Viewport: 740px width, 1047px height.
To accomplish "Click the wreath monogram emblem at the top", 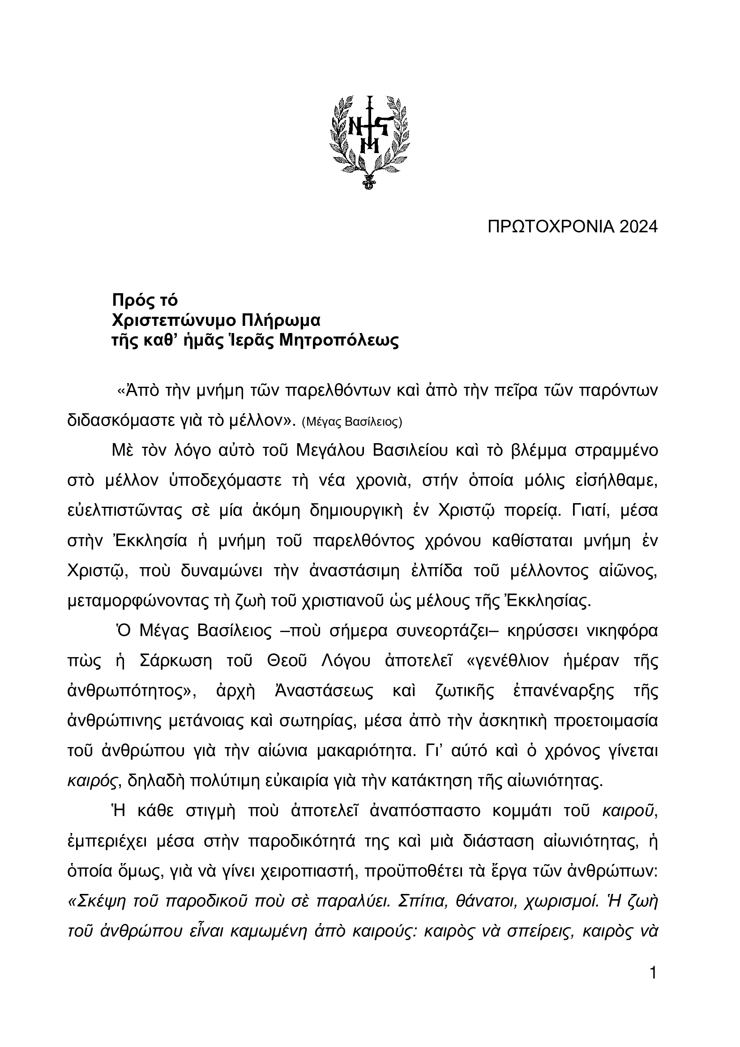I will click(370, 142).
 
